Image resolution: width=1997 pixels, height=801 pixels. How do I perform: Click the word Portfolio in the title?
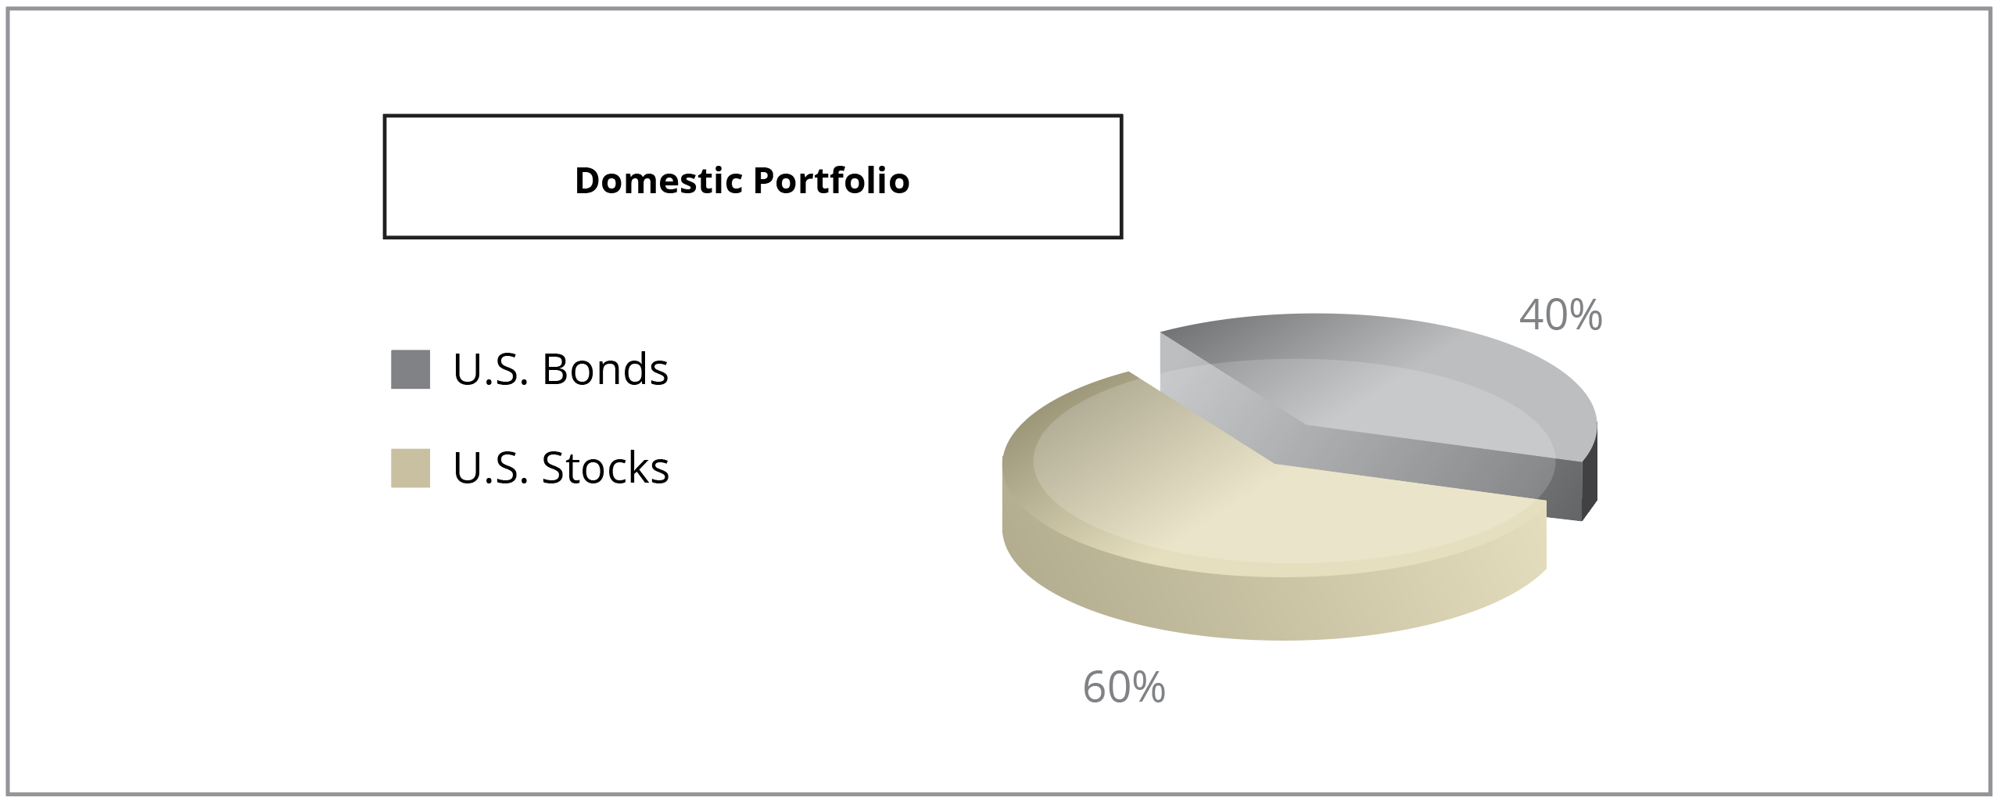tap(831, 181)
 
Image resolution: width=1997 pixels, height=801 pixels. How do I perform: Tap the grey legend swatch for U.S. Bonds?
tap(411, 369)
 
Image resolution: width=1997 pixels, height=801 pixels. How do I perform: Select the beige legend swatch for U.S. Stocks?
tap(411, 468)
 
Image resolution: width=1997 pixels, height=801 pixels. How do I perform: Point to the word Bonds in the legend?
tap(605, 369)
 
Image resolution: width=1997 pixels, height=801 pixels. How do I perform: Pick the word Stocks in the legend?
tap(606, 468)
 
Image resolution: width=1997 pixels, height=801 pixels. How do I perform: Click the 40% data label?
tap(1561, 315)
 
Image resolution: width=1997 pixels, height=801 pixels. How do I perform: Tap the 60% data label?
tap(1124, 688)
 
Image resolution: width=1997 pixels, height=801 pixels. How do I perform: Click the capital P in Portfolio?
tap(763, 181)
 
